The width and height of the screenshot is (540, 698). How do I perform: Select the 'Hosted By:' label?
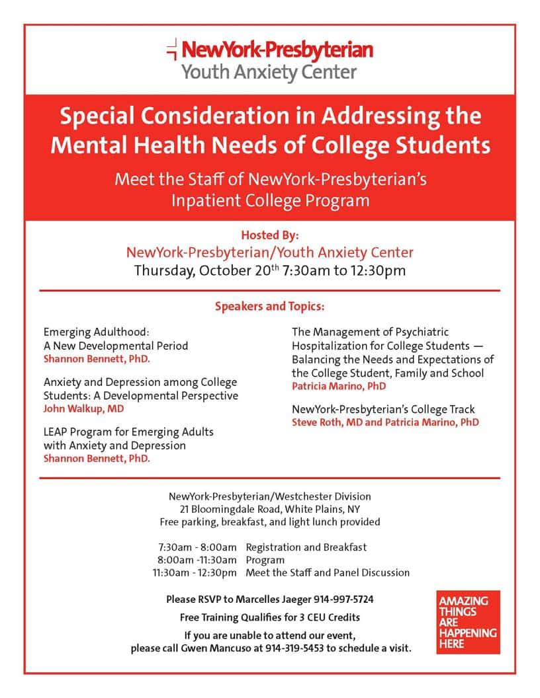(x=270, y=235)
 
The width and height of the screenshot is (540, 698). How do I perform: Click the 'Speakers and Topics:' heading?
(x=270, y=307)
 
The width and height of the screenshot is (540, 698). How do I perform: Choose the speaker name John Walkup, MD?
(x=83, y=408)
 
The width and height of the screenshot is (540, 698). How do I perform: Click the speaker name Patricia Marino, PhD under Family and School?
(x=339, y=386)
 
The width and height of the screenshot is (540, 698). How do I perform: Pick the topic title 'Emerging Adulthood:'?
(x=97, y=332)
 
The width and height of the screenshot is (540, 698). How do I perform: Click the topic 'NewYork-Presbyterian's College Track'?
(x=383, y=409)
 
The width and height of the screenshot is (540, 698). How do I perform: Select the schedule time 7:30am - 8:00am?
(x=197, y=547)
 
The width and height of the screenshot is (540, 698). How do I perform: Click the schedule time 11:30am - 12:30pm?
(x=194, y=572)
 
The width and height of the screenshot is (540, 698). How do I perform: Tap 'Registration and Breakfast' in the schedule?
(x=306, y=547)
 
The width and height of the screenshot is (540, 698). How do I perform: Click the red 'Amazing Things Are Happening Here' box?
(x=468, y=622)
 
